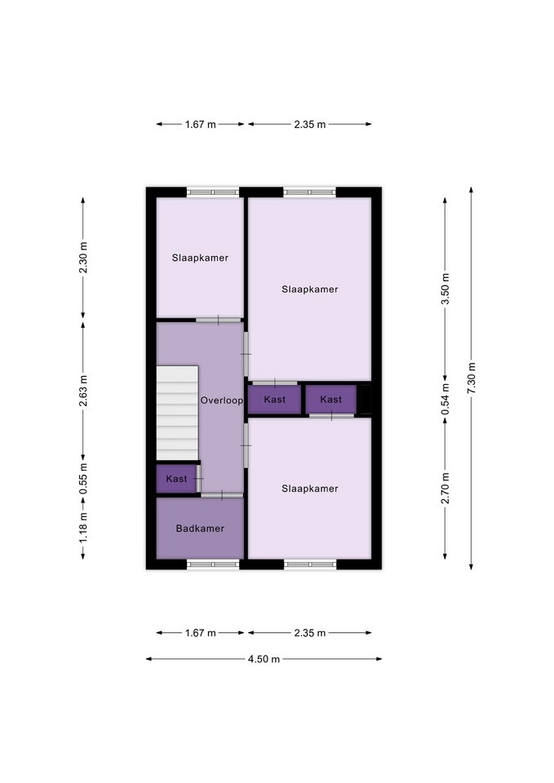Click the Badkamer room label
pyautogui.click(x=200, y=529)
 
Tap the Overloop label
pyautogui.click(x=222, y=400)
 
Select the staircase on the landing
pyautogui.click(x=177, y=413)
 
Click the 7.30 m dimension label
pyautogui.click(x=472, y=378)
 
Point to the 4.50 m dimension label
pyautogui.click(x=264, y=659)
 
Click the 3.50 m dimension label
pyautogui.click(x=445, y=289)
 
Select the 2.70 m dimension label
pyautogui.click(x=445, y=488)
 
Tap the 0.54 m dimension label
pyautogui.click(x=445, y=399)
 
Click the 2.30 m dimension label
pyautogui.click(x=83, y=258)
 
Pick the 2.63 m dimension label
pyautogui.click(x=83, y=391)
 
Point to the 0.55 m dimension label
pyautogui.click(x=83, y=479)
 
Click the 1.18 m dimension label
pyautogui.click(x=83, y=529)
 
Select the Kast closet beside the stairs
pyautogui.click(x=176, y=479)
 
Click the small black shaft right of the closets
pyautogui.click(x=366, y=400)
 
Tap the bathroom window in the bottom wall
pyautogui.click(x=213, y=564)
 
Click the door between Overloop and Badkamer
pyautogui.click(x=222, y=495)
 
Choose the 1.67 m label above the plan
pyautogui.click(x=201, y=124)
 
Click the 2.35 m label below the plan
pyautogui.click(x=310, y=633)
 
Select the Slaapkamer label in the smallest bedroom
pyautogui.click(x=200, y=258)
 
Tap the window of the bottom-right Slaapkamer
pyautogui.click(x=310, y=564)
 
